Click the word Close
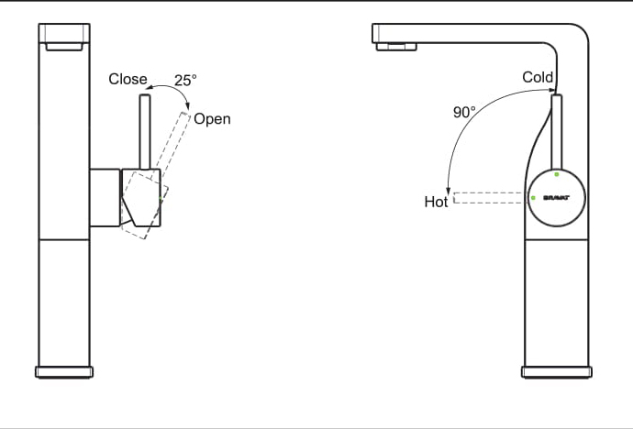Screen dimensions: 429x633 tap(128, 79)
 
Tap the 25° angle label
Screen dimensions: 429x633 tap(185, 81)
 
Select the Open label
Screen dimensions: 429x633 tap(212, 119)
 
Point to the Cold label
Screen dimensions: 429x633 tap(538, 77)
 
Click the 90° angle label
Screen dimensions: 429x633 tap(464, 113)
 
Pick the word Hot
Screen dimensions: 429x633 tap(436, 202)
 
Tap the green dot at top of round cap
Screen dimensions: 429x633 tap(557, 174)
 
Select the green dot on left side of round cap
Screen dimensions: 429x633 tap(533, 197)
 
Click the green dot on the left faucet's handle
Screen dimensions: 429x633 tap(161, 195)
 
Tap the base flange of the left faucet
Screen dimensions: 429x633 tap(64, 371)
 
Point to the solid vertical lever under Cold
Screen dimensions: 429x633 tap(556, 133)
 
